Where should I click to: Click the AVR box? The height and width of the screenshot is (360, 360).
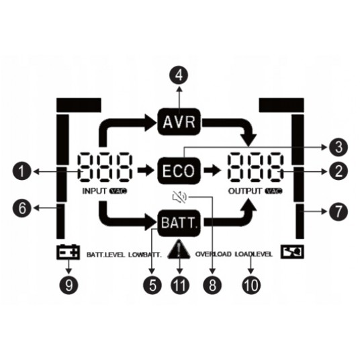click(179, 122)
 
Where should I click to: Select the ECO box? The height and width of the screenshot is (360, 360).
click(179, 171)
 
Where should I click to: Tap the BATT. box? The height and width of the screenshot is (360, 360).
click(179, 223)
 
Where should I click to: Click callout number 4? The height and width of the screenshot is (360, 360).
click(179, 75)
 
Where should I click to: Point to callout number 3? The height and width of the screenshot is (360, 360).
click(339, 147)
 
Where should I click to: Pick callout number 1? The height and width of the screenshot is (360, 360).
click(21, 171)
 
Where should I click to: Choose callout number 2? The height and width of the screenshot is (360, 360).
click(339, 171)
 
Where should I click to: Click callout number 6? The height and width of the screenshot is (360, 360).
click(21, 208)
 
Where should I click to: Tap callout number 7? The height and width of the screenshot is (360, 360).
click(339, 212)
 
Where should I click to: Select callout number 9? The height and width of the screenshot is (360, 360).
click(69, 285)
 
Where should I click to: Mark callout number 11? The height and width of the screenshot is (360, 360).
click(180, 285)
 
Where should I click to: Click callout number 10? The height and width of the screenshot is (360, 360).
click(251, 285)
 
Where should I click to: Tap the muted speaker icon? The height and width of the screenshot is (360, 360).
click(179, 197)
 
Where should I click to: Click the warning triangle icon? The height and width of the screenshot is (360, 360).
click(179, 250)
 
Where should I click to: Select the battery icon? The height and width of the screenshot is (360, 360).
click(69, 252)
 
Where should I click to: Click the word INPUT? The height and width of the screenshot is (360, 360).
click(95, 191)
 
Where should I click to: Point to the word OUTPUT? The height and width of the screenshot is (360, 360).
click(245, 191)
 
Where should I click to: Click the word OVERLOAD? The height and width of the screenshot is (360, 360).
click(214, 254)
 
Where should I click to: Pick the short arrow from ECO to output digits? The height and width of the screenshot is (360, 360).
click(213, 171)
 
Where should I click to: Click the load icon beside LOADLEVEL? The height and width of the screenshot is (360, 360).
click(292, 252)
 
